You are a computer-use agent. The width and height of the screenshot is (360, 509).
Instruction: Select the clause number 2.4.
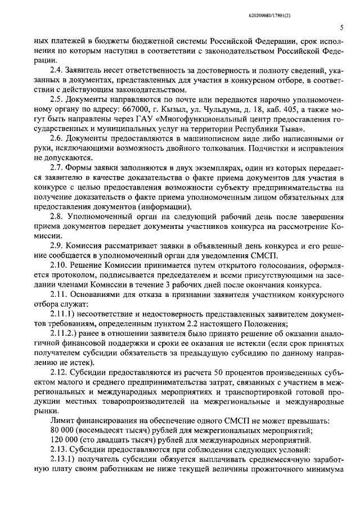click(57, 70)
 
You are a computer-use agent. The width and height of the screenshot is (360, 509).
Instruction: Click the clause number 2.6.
click(57, 154)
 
